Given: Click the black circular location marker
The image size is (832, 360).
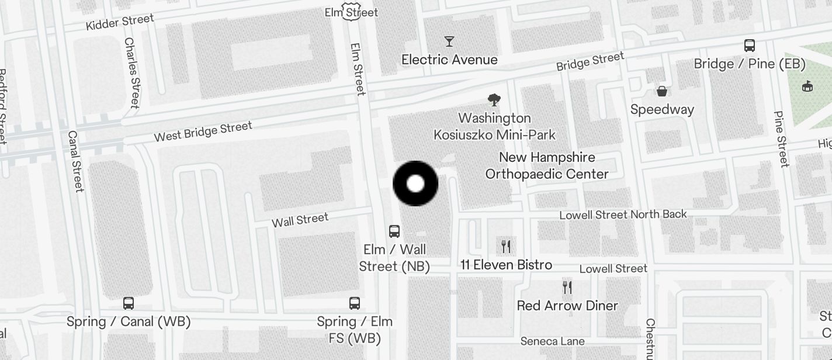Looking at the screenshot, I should click(x=415, y=184).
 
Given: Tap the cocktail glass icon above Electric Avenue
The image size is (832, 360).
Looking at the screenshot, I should click(x=449, y=41).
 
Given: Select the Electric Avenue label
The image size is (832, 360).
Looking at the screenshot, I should click(x=449, y=60).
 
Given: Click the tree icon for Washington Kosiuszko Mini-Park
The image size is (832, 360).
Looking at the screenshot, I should click(x=494, y=100).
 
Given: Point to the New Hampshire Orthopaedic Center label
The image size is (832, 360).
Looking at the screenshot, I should click(x=547, y=166).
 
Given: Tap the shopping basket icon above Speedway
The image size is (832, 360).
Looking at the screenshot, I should click(x=662, y=91).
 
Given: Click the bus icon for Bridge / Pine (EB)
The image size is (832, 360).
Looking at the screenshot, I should click(x=750, y=46).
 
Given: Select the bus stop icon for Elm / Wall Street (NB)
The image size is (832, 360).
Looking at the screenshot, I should click(x=394, y=231).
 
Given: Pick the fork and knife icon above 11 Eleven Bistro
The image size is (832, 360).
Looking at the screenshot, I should click(x=506, y=247).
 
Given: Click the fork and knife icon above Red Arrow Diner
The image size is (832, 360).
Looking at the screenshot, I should click(x=567, y=288).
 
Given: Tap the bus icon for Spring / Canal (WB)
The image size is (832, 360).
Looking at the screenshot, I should click(x=129, y=303).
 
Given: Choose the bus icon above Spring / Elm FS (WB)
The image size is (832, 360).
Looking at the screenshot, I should click(x=355, y=303).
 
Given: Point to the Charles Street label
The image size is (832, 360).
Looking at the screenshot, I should click(x=132, y=73).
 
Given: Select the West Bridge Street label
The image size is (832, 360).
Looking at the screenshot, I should click(x=203, y=131).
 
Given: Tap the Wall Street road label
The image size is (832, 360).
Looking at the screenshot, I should click(x=300, y=220).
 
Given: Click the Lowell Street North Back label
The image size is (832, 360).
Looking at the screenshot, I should click(x=623, y=215).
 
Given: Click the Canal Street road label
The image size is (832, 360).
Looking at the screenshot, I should click(x=76, y=161).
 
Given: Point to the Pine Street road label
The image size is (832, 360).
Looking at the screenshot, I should click(x=781, y=139).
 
